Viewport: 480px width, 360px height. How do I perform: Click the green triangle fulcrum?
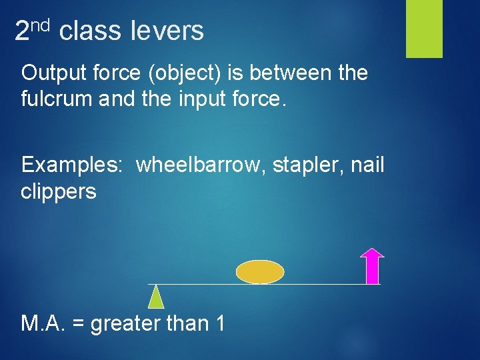(155, 297)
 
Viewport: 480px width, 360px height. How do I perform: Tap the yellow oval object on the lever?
(260, 271)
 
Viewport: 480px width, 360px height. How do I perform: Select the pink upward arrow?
(372, 266)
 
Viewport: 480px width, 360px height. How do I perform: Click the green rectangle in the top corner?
(424, 29)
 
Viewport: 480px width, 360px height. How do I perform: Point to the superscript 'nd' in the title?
(41, 25)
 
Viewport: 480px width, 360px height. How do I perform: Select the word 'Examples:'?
(71, 165)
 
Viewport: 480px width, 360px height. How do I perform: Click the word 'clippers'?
(59, 192)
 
